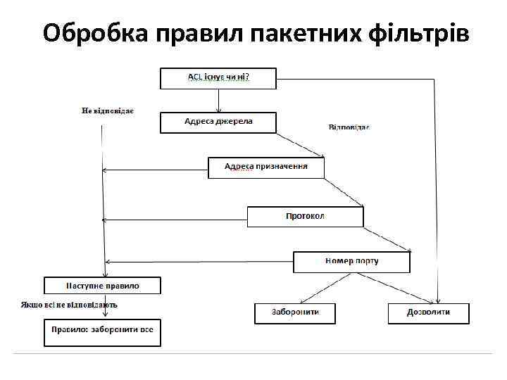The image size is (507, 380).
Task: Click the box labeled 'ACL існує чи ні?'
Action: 218,77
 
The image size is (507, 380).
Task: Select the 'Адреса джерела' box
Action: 218,122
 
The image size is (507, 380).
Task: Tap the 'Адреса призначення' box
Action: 266,167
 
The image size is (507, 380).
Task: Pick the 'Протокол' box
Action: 305,217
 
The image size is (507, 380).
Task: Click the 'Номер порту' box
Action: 351,262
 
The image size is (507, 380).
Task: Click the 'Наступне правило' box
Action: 103,286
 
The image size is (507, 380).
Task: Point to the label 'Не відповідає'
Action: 108,110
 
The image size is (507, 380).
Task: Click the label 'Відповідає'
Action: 349,127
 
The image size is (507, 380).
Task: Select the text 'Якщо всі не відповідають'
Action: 69,305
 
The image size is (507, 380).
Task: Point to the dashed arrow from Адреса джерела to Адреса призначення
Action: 301,145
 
